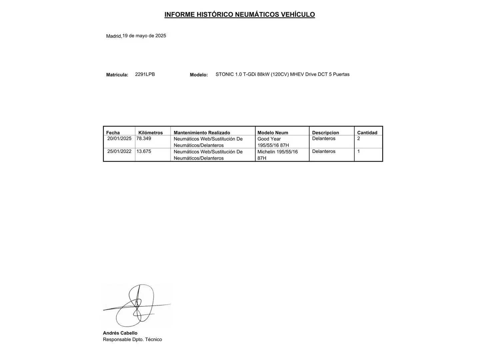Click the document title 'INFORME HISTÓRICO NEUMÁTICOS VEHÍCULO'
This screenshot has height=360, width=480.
click(x=239, y=15)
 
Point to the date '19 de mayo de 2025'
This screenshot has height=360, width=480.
click(x=144, y=36)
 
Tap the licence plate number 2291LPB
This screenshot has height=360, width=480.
click(x=145, y=74)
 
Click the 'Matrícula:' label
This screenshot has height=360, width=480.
click(x=117, y=75)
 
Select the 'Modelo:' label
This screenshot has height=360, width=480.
click(x=199, y=75)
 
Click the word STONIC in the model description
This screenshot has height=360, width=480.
click(x=225, y=74)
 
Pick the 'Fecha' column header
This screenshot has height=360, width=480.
click(x=113, y=133)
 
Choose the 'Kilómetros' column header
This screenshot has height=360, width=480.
click(x=150, y=133)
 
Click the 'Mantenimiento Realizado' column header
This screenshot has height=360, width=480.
click(x=202, y=133)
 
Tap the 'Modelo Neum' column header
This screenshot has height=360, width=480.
click(x=273, y=133)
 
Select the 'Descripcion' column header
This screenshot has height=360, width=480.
click(x=325, y=133)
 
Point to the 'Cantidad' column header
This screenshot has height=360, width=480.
click(x=367, y=133)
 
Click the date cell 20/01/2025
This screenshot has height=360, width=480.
click(x=119, y=138)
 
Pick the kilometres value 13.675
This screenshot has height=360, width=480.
click(x=144, y=151)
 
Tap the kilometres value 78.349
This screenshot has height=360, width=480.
click(x=144, y=138)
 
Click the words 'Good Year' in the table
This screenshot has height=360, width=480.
click(x=269, y=139)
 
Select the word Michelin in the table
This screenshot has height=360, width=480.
click(x=266, y=152)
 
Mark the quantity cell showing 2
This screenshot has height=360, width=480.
click(x=359, y=138)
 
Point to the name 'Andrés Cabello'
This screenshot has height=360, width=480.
click(x=120, y=333)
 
